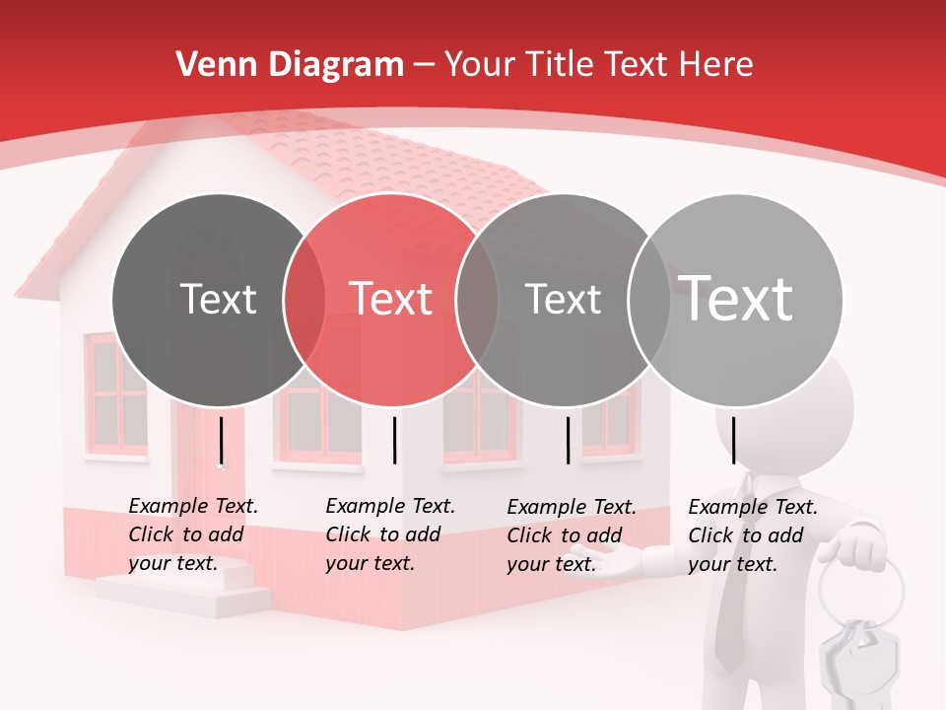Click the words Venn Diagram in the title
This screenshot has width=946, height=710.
(290, 65)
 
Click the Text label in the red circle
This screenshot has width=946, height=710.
(391, 299)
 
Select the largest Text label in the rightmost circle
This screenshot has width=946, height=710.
(736, 299)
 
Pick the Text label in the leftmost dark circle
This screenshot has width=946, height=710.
(218, 299)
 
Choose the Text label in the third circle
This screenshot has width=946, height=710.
(563, 299)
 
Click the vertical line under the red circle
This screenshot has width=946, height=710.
(394, 440)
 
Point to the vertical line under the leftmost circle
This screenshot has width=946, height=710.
(222, 440)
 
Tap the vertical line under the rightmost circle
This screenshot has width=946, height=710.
(734, 440)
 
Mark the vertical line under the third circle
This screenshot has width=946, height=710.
(568, 440)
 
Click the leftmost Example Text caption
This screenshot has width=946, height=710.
(193, 534)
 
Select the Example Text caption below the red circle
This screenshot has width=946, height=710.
(390, 534)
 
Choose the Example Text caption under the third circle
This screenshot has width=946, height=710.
(572, 535)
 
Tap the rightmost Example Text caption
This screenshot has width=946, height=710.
(753, 535)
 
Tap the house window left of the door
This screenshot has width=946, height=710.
(117, 393)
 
